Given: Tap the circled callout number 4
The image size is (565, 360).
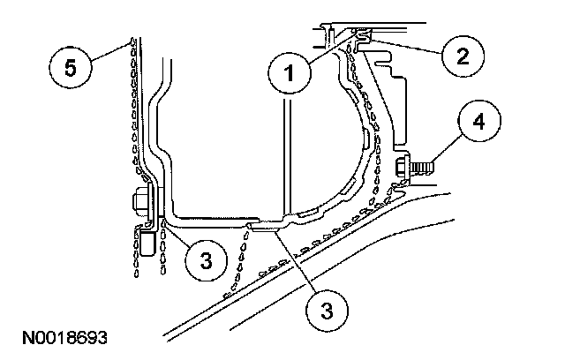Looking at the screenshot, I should (x=477, y=124).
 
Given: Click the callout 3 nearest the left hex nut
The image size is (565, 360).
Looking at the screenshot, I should (x=205, y=260).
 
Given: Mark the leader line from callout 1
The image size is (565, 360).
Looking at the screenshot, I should (x=331, y=49).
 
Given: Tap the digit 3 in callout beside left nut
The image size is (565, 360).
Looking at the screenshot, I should (x=205, y=260).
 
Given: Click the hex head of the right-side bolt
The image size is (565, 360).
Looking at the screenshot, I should (x=403, y=165).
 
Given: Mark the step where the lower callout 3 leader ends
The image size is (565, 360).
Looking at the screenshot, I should (x=261, y=226).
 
